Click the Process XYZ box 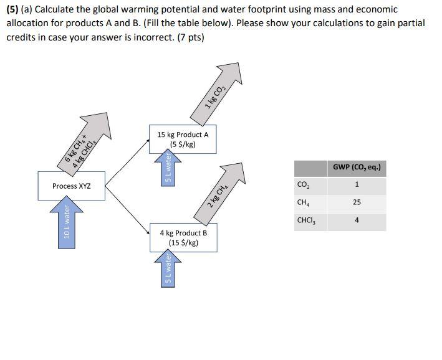(x=72, y=186)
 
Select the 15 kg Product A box (x=183, y=139)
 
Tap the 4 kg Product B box (x=183, y=237)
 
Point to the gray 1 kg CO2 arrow (x=218, y=93)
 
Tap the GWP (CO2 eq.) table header (x=357, y=168)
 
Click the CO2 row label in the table (x=304, y=185)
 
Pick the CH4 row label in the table (x=304, y=203)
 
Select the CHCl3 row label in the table (x=305, y=221)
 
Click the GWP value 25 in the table (x=357, y=203)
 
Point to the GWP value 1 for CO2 (x=357, y=185)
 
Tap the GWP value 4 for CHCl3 (x=357, y=221)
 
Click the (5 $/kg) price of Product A (x=183, y=144)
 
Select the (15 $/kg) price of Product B (x=183, y=243)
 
